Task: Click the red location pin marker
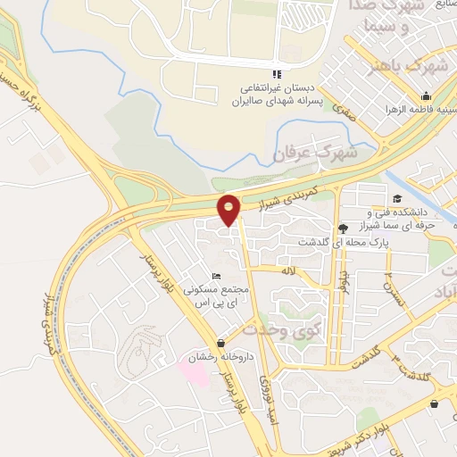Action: point(229,210)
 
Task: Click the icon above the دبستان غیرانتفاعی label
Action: point(276,73)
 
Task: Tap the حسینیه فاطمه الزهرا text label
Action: point(416,112)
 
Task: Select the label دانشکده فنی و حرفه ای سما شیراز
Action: point(411,219)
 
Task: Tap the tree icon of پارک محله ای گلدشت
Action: point(345,228)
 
